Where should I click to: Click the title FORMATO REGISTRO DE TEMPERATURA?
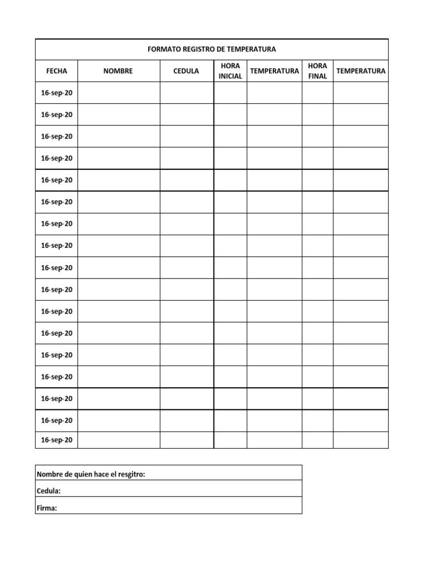tap(211, 49)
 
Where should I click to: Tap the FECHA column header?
tap(57, 71)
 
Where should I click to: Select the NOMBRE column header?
tap(118, 71)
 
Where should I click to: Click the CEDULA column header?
tap(186, 71)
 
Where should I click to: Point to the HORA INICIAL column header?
tap(230, 71)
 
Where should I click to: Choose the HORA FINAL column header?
tap(317, 71)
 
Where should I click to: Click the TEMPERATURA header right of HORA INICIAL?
tap(274, 71)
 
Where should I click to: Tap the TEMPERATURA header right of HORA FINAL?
tap(361, 71)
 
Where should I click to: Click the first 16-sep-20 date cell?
tap(57, 93)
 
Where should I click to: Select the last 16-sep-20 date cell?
tap(57, 440)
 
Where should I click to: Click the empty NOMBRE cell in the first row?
tap(119, 93)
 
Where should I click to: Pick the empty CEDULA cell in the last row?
tap(187, 440)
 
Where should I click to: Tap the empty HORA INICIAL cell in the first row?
tap(230, 93)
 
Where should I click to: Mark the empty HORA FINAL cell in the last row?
tap(317, 440)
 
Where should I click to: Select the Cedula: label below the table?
tap(48, 491)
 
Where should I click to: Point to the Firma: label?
tap(47, 508)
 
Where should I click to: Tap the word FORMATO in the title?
tap(163, 49)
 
